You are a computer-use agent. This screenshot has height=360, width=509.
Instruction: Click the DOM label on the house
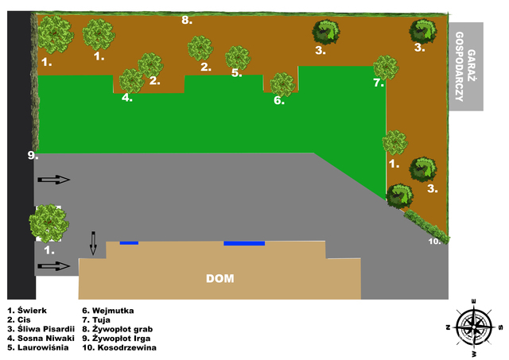coord(220,279)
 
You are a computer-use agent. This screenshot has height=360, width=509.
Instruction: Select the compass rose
coord(474,327)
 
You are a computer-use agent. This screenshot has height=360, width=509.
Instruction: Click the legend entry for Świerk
coord(27,311)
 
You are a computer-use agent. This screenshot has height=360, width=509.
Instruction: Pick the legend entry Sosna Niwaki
coord(41,339)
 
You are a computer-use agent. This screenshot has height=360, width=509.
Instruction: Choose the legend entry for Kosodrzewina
coord(119,347)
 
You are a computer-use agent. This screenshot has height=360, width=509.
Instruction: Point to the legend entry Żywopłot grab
coord(117,329)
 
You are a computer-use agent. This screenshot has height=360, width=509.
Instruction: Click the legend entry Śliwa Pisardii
coord(41,329)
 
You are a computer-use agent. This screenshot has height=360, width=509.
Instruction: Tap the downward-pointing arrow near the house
coord(93,243)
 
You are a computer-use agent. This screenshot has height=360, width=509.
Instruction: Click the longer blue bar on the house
coord(244,243)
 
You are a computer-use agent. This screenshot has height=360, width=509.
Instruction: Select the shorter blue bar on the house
coord(129,243)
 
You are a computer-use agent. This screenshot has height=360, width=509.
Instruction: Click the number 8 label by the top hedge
coord(187,20)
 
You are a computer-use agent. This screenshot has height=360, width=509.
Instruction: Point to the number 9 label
coord(33,155)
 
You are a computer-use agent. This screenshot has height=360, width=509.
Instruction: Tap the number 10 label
coord(434,242)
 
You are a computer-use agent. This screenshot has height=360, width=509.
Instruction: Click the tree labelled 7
coord(386,68)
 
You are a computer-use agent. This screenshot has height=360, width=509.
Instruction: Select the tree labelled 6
coord(283,84)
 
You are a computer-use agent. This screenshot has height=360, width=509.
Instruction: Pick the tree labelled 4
coord(131,81)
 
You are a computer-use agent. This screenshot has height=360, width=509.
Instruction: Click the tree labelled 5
coord(238,58)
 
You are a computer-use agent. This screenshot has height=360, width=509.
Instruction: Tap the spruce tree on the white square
coord(49,223)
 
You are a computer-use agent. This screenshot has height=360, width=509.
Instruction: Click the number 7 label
coord(379,83)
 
